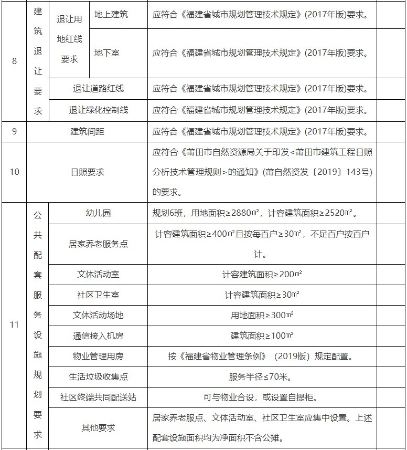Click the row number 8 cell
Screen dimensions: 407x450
14,61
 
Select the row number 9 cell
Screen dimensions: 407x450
14,131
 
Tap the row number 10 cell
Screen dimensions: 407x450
14,172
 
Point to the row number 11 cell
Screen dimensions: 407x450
14,325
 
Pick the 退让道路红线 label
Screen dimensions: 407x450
98,89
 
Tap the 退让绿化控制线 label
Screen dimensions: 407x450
98,110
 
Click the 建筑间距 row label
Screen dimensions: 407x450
87,131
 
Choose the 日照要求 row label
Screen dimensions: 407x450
87,172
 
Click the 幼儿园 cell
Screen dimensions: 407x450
98,213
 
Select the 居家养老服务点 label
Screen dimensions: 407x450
98,244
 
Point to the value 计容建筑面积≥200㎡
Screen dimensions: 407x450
262,274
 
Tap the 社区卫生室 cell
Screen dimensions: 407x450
98,295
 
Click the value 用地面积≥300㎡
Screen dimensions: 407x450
262,315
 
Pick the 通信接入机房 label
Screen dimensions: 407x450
98,336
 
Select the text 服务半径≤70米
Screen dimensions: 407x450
262,376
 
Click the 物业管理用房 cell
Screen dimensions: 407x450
98,356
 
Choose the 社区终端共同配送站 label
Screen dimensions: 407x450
98,397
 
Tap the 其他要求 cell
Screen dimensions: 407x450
98,427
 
